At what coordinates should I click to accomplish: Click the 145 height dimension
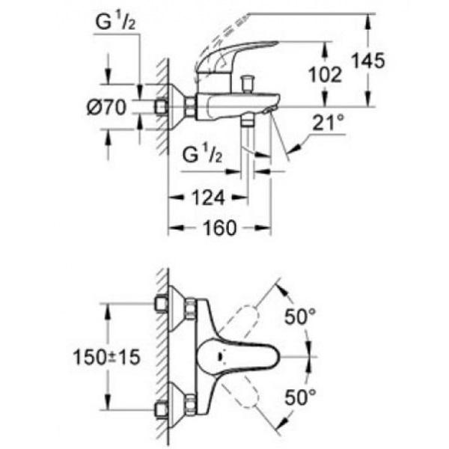tap(368, 61)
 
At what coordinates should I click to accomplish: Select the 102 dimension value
tap(326, 74)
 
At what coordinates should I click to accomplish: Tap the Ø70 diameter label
tap(106, 107)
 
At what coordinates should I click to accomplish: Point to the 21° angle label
tap(329, 123)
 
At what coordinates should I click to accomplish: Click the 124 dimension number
tap(208, 198)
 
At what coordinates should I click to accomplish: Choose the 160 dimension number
tap(220, 228)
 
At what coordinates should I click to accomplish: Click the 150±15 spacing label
tap(106, 357)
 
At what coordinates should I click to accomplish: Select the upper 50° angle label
tap(300, 317)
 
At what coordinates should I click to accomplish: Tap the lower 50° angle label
tap(300, 397)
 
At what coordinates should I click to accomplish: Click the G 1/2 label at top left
tap(115, 22)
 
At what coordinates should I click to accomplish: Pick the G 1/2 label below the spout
tap(202, 154)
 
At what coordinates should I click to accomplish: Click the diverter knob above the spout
tap(247, 83)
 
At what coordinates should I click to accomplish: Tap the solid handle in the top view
tap(239, 357)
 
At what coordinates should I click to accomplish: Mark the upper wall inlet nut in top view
tap(161, 305)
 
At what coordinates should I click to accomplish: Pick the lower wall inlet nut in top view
tap(161, 410)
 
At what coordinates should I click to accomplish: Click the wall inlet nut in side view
tap(161, 107)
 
